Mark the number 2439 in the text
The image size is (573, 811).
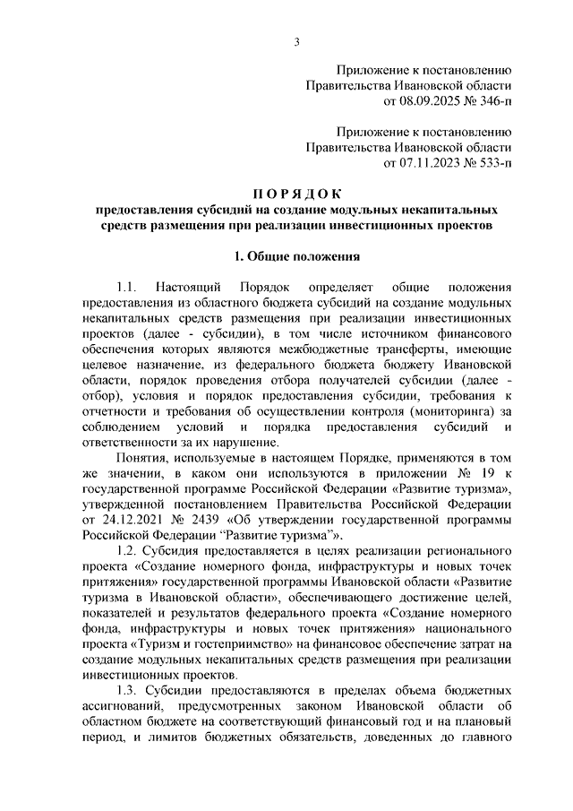click(196, 520)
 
